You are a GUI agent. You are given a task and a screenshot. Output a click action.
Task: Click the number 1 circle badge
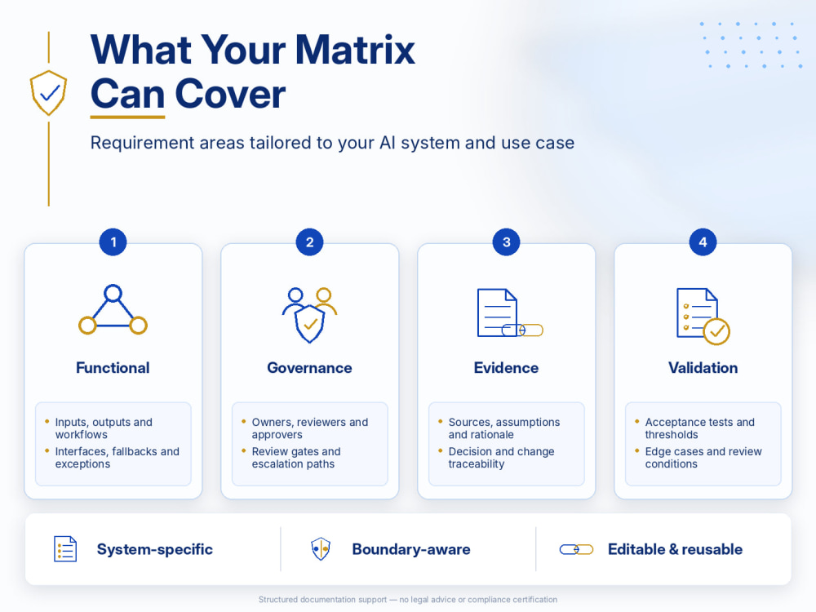click(113, 242)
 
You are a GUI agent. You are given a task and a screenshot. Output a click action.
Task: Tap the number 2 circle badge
click(309, 242)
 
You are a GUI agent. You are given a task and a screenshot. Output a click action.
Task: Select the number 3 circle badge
click(507, 242)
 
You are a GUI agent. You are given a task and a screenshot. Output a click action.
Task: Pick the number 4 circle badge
click(703, 242)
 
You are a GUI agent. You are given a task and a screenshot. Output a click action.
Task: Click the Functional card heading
click(113, 368)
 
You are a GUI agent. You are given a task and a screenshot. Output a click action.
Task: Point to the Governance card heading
click(309, 368)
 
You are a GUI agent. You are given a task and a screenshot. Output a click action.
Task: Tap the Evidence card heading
click(507, 368)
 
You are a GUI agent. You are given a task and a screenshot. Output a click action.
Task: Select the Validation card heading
click(703, 368)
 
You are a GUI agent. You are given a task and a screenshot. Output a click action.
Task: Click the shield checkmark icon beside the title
click(48, 93)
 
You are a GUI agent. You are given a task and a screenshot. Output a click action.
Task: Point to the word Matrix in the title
click(355, 50)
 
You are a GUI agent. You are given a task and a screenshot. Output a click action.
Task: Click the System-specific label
click(154, 549)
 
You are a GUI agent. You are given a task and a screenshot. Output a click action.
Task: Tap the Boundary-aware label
click(411, 549)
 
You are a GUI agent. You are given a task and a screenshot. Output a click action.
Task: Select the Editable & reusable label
click(675, 549)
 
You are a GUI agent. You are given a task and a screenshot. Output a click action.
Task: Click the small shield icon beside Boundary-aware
click(321, 548)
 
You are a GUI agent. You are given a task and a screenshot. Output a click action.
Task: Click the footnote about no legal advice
click(408, 600)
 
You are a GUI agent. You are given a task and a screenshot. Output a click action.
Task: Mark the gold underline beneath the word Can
click(127, 117)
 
